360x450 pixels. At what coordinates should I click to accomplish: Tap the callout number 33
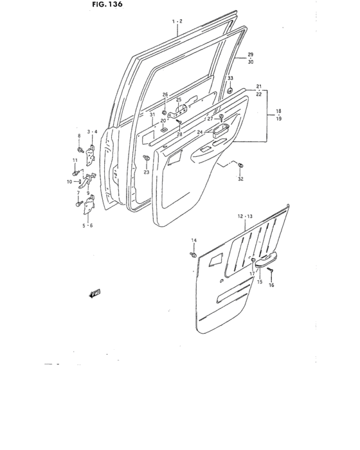[x=230, y=79]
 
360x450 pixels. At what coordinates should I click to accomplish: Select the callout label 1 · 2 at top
[x=178, y=21]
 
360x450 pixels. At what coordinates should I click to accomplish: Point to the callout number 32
[x=240, y=179]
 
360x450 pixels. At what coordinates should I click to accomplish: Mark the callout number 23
[x=147, y=172]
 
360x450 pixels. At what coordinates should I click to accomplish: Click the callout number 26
[x=165, y=95]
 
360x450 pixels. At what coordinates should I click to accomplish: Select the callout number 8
[x=80, y=136]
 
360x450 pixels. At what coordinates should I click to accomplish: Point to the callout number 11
[x=75, y=159]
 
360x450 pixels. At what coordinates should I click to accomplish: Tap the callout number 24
[x=200, y=132]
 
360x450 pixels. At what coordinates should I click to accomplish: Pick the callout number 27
[x=210, y=119]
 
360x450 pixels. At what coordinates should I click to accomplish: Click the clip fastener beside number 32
[x=239, y=166]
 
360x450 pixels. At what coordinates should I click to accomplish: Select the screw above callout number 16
[x=271, y=273]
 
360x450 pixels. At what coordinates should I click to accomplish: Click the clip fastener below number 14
[x=193, y=254]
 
